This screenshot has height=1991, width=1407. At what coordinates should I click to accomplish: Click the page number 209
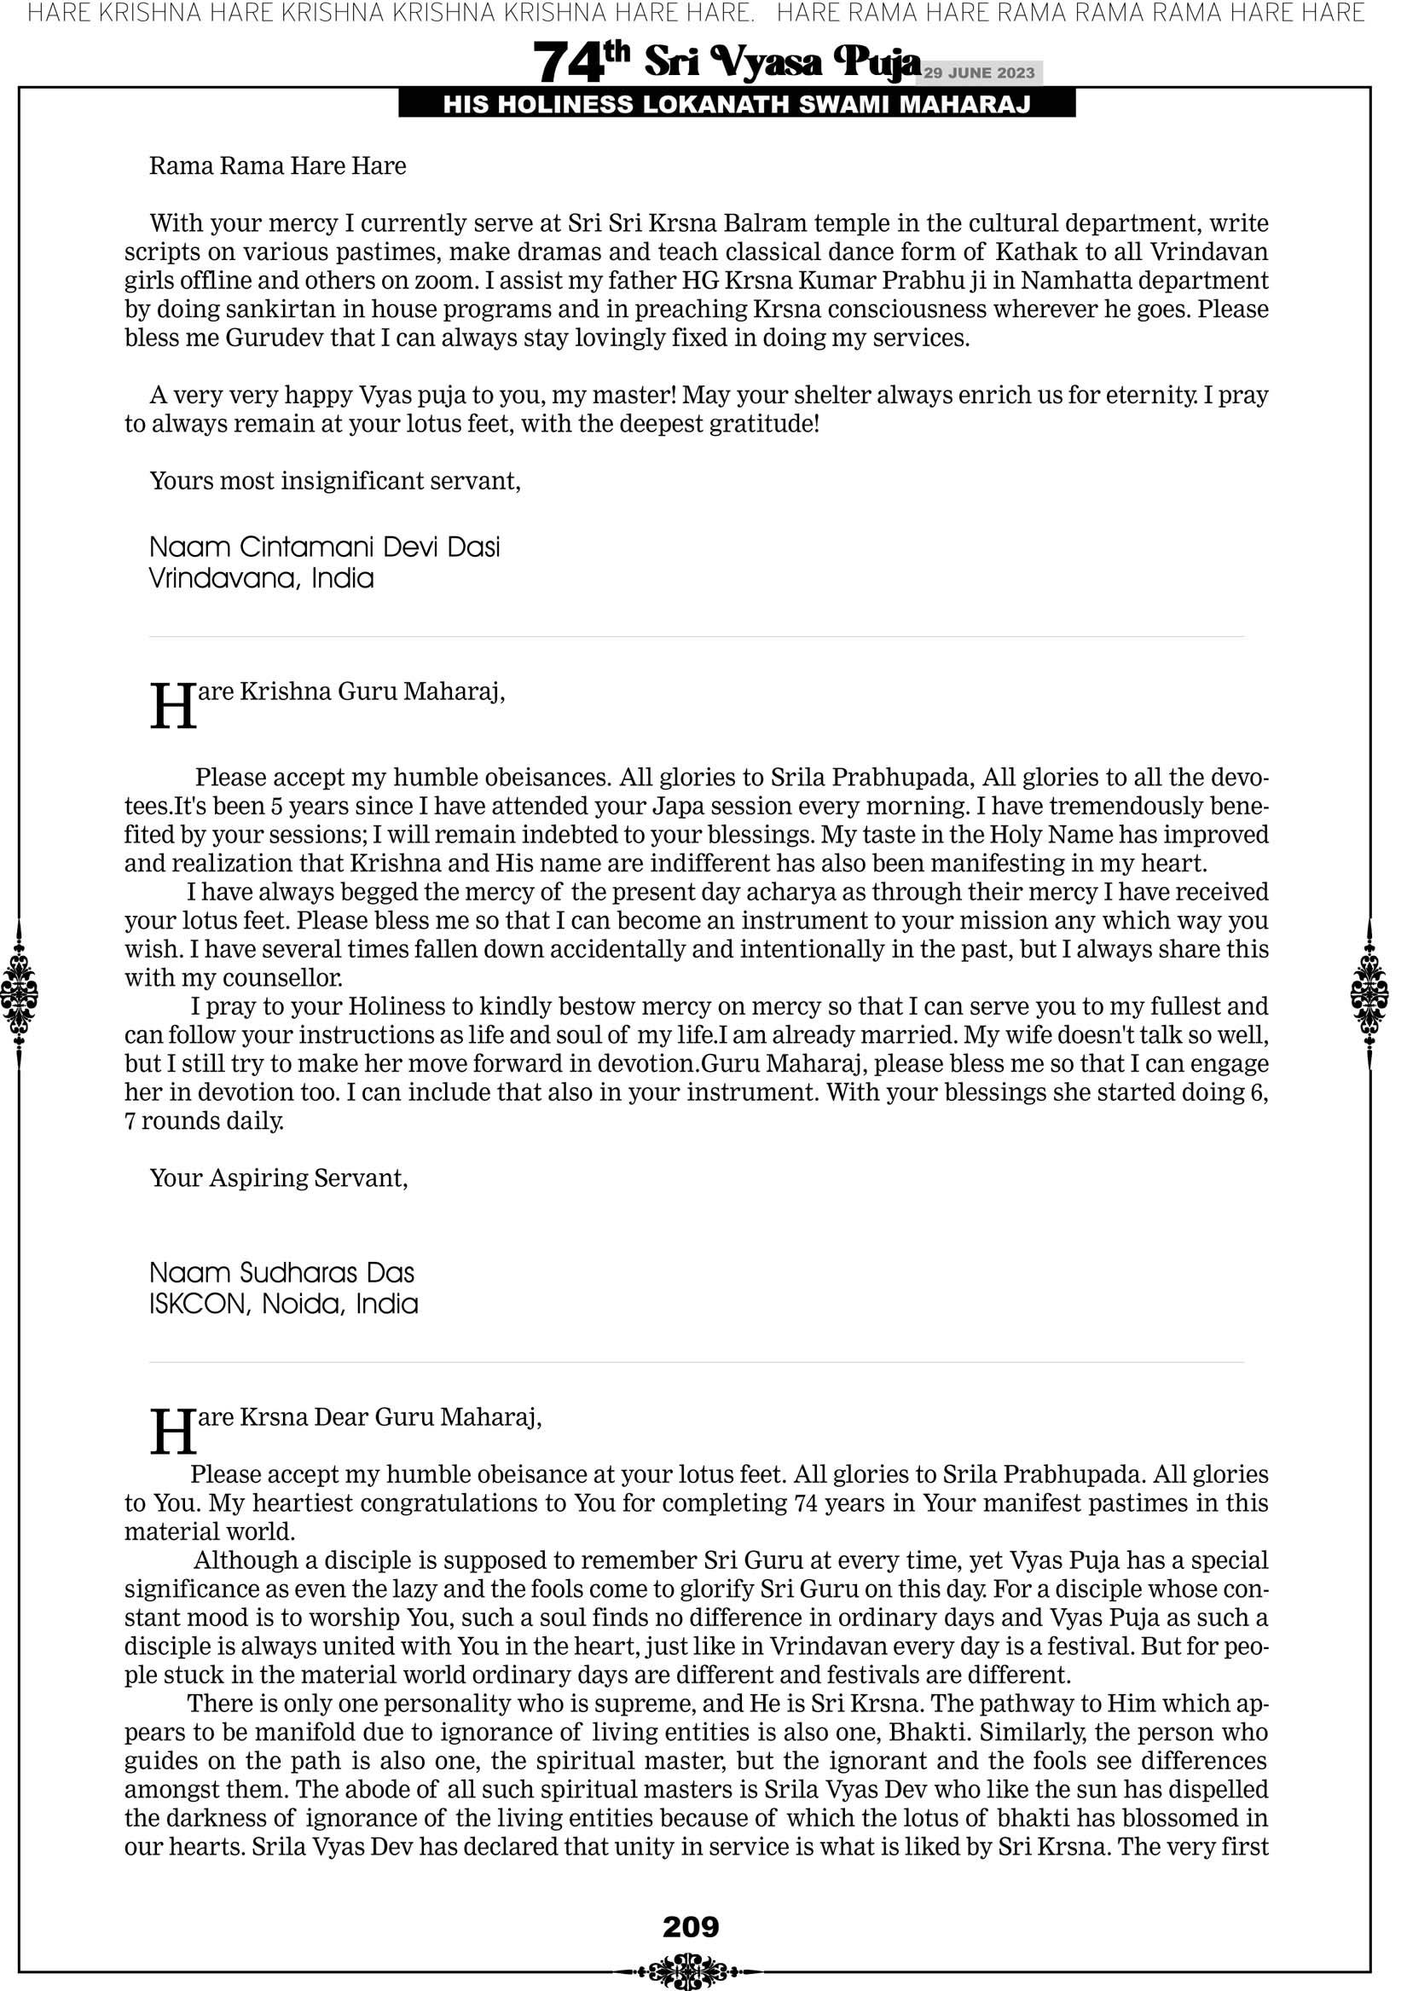click(x=691, y=1926)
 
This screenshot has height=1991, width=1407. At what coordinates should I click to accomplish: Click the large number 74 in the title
click(x=568, y=62)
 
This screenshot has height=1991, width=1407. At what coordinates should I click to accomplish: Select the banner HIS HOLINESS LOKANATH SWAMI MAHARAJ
click(x=737, y=105)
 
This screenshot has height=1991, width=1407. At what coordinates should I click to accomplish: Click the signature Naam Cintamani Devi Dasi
click(x=324, y=547)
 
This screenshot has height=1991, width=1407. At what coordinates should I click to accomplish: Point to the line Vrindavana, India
click(x=261, y=578)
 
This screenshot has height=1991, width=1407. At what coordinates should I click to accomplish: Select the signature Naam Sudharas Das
click(x=282, y=1273)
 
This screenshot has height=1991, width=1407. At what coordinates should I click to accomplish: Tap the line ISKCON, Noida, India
click(x=284, y=1305)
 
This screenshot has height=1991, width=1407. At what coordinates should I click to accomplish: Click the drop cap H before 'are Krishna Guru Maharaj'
click(x=172, y=707)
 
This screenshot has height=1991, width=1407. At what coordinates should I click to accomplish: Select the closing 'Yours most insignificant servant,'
click(x=335, y=481)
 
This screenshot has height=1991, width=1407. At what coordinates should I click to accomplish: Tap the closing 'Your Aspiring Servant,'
click(x=279, y=1178)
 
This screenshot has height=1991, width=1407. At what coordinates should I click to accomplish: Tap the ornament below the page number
click(x=691, y=1968)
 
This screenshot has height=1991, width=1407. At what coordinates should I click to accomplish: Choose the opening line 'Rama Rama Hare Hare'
click(x=278, y=165)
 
